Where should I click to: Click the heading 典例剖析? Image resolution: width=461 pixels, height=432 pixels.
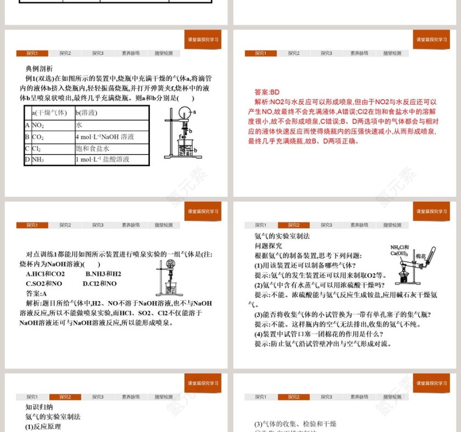pos(39,69)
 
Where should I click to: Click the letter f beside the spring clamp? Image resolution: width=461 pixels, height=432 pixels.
pos(181,136)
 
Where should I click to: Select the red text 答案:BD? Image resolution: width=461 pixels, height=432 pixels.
pos(267,92)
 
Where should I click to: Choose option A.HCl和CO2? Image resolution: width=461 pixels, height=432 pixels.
pos(46,274)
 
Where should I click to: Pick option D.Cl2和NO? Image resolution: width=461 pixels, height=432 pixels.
pos(100,283)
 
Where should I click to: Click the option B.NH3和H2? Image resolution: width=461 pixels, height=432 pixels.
pos(104,274)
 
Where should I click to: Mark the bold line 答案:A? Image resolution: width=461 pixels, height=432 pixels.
pos(40,293)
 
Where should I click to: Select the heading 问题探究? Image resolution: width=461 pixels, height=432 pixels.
pos(268,246)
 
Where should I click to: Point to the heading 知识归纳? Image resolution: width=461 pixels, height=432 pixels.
pos(39,407)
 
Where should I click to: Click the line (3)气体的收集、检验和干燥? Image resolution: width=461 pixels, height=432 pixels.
pos(295,424)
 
